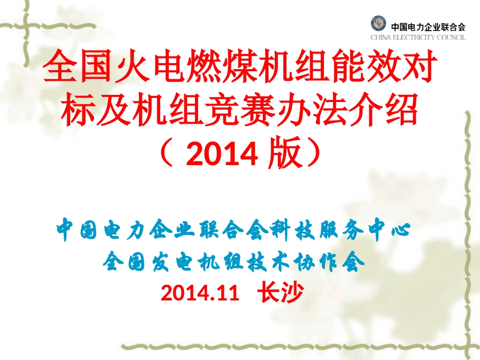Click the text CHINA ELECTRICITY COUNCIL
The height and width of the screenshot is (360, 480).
click(x=418, y=37)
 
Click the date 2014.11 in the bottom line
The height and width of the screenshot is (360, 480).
click(x=199, y=292)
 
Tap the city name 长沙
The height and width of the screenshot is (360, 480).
click(x=280, y=292)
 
